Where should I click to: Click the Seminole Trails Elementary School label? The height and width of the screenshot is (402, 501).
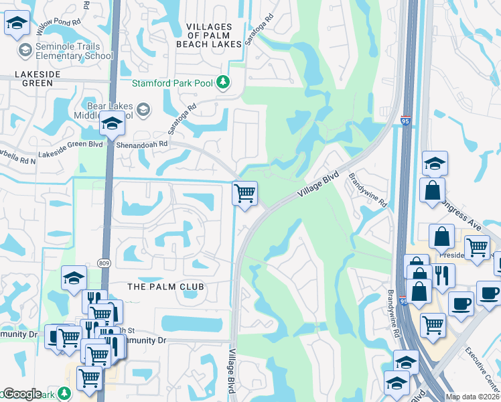pyautogui.click(x=66, y=51)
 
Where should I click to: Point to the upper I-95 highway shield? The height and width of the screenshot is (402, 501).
pyautogui.click(x=405, y=121)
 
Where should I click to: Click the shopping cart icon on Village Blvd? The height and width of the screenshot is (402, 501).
pyautogui.click(x=245, y=193)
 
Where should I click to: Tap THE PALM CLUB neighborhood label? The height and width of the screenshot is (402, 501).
pyautogui.click(x=165, y=286)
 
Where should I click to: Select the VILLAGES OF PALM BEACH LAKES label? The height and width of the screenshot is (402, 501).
pyautogui.click(x=209, y=36)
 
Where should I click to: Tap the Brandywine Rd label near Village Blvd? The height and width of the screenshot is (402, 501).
pyautogui.click(x=368, y=190)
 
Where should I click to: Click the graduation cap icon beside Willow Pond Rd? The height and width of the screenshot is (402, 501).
pyautogui.click(x=16, y=24)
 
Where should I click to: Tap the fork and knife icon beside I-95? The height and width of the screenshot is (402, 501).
pyautogui.click(x=443, y=275)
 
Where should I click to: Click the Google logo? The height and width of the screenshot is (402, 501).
pyautogui.click(x=21, y=394)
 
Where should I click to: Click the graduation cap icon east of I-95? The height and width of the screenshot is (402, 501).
pyautogui.click(x=435, y=163)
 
